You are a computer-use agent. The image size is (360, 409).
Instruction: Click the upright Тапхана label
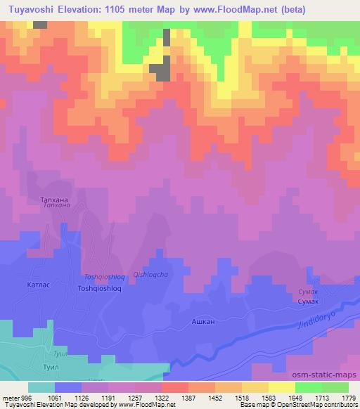coord(56,199)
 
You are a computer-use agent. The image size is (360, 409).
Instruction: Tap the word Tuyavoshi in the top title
coord(30,10)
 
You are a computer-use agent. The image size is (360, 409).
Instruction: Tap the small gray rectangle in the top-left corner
coord(41,25)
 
